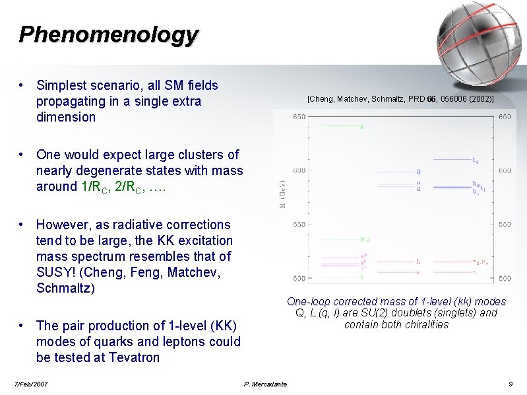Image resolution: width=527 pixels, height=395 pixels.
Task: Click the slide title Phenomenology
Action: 108,34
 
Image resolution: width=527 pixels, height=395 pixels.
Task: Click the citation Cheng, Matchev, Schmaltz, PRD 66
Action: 400,99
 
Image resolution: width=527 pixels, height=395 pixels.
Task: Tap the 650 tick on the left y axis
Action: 299,117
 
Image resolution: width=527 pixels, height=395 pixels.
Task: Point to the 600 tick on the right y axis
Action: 505,170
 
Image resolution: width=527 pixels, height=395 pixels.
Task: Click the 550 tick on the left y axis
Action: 299,225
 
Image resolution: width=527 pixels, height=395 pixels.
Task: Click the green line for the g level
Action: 338,126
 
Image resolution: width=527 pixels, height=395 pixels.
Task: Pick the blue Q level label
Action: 418,172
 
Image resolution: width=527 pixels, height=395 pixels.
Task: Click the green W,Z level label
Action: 364,240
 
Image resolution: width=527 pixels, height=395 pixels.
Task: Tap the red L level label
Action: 418,261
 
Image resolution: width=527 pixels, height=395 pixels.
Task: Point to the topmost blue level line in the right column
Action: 451,159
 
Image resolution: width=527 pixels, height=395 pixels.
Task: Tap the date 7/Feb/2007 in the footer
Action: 31,384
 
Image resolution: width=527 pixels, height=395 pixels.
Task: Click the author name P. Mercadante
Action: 265,384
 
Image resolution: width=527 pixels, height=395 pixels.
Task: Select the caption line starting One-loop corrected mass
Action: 396,301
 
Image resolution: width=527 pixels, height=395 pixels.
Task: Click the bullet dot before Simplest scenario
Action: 22,85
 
